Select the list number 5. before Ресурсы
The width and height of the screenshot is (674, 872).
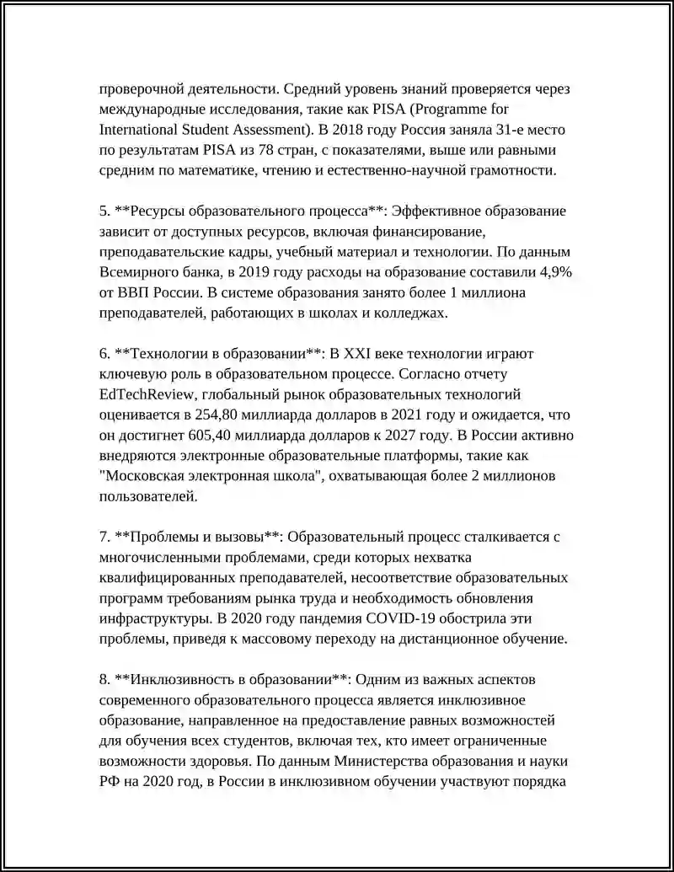coord(104,211)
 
